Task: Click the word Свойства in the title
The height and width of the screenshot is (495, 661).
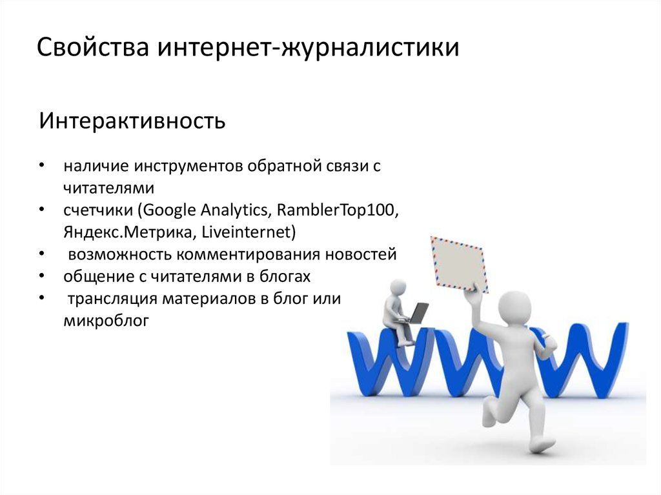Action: tap(93, 46)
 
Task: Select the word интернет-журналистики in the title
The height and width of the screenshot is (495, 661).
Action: tap(309, 47)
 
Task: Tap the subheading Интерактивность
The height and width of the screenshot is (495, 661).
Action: tap(132, 121)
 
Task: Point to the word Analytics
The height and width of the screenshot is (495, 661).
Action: tap(234, 210)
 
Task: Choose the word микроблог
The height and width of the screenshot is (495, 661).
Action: tap(107, 321)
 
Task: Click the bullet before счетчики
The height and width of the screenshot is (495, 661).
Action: tap(41, 210)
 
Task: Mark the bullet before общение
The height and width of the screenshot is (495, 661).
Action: tap(41, 276)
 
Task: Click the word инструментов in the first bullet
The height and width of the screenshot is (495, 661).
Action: tap(188, 166)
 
